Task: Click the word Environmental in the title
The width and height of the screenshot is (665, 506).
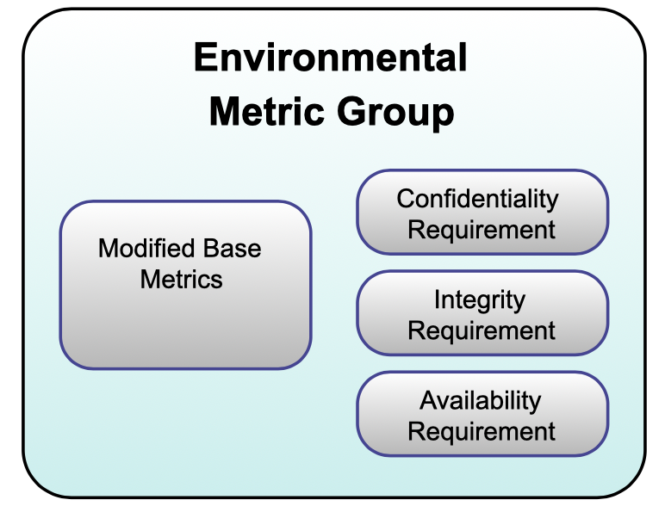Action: click(331, 59)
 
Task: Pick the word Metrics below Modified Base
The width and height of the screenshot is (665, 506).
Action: click(182, 279)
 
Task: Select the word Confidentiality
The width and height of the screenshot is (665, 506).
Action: click(477, 200)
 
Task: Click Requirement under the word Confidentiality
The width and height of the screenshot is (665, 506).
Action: click(482, 230)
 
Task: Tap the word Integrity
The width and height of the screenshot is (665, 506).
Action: click(479, 300)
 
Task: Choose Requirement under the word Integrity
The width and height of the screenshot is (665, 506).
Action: click(482, 330)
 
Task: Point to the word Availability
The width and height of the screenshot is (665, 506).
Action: click(480, 401)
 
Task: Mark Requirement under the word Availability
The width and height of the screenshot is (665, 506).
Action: click(482, 431)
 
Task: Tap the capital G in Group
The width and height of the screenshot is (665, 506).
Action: click(351, 113)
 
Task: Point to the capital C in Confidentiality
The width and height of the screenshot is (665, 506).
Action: click(406, 200)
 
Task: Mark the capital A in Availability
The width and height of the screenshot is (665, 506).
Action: click(428, 401)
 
